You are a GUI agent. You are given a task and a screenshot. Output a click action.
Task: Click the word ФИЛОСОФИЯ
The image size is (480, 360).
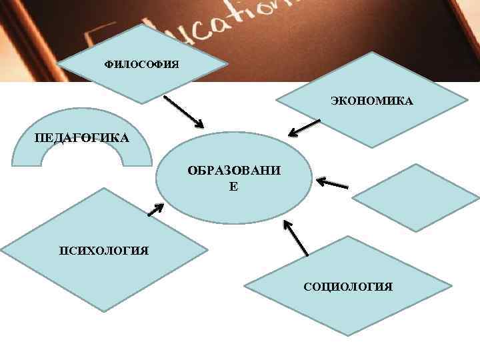[141, 64]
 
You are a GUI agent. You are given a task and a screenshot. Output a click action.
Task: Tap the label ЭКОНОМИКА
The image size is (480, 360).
[371, 102]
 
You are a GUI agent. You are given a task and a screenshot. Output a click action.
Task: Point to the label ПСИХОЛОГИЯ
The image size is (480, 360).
[103, 250]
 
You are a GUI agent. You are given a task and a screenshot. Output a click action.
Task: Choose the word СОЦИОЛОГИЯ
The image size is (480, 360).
[348, 287]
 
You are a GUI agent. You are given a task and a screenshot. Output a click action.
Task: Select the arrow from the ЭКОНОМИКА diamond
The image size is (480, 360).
[305, 126]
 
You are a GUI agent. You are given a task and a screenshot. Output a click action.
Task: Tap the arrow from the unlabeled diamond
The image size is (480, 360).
[332, 183]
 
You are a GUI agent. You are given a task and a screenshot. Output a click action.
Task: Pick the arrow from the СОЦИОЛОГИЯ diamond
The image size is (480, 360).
[296, 237]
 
